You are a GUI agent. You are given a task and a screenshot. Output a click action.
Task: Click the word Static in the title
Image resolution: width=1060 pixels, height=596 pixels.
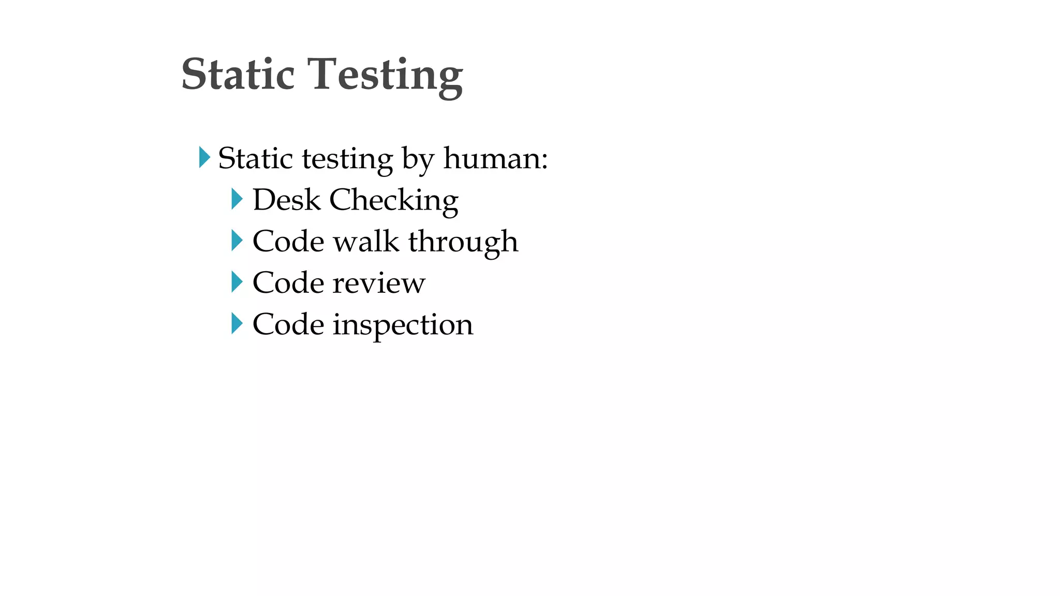(x=238, y=74)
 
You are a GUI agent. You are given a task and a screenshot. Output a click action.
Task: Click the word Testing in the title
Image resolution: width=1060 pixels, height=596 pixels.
(x=385, y=76)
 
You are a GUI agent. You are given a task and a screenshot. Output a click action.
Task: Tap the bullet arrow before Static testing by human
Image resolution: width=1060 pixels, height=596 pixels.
(x=204, y=157)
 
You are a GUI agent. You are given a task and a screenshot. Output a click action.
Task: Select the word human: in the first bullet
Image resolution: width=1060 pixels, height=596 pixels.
(x=495, y=158)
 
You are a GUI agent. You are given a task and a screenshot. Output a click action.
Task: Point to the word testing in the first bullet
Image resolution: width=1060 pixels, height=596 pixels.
(x=347, y=159)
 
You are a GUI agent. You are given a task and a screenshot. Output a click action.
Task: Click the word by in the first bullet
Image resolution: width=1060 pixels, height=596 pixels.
(x=418, y=159)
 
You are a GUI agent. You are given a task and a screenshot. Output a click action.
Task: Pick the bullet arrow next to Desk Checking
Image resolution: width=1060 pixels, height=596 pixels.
(x=237, y=199)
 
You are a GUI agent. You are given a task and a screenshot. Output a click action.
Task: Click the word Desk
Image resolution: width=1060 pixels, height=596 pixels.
(x=286, y=200)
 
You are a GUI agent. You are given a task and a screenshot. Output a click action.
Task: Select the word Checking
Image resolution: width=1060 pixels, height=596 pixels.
(x=394, y=201)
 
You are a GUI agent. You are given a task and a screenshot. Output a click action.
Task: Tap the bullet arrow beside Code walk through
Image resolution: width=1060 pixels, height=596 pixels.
(x=237, y=241)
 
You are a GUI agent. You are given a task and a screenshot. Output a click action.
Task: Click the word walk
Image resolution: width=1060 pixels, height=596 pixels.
(x=366, y=241)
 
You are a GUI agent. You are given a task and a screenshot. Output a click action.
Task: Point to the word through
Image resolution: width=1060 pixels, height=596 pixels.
(x=463, y=242)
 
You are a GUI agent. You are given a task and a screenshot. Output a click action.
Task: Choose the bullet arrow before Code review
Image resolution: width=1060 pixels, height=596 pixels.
(x=237, y=282)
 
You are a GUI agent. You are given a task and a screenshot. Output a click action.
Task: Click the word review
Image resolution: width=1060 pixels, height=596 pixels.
(x=379, y=284)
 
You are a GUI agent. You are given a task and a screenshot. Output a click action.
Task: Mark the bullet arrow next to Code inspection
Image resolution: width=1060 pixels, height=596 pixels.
(x=237, y=324)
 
